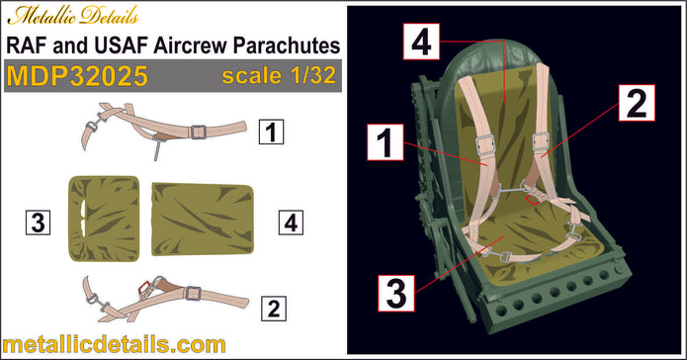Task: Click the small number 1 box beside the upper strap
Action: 267,130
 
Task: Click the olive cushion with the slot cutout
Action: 105,221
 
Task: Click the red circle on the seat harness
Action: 531,197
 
